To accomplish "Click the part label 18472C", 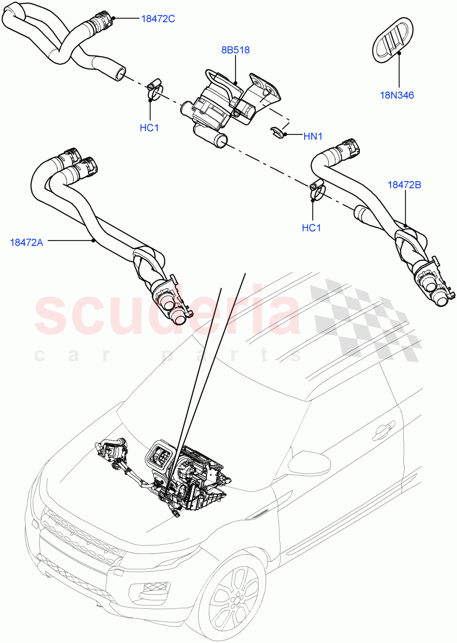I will [x=158, y=19].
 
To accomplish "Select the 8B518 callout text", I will [x=235, y=50].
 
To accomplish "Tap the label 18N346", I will [x=397, y=95].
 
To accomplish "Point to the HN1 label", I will [x=312, y=136].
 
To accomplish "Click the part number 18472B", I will [x=404, y=185].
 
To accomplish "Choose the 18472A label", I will [x=26, y=242].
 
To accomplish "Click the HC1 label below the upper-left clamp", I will [x=149, y=128].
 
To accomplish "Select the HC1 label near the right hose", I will [x=311, y=227].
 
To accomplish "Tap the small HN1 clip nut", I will [x=277, y=132].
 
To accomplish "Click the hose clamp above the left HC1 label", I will [x=155, y=90].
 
